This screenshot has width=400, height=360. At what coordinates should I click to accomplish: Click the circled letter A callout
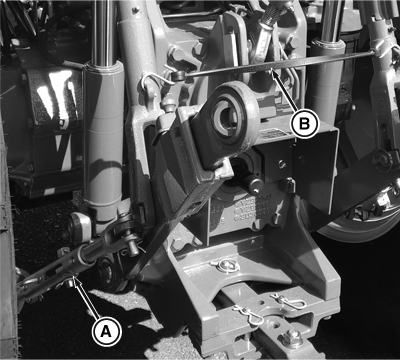106,331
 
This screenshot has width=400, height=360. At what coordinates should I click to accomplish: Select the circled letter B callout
304,124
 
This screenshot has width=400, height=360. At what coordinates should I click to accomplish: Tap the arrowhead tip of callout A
75,276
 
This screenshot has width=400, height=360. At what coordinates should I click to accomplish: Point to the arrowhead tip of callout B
272,69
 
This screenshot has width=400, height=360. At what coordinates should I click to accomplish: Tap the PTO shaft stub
249,182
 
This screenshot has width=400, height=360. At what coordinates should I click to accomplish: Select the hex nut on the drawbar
291,339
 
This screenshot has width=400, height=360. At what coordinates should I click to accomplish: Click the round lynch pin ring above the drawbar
227,266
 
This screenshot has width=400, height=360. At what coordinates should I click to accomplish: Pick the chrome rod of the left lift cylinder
103,32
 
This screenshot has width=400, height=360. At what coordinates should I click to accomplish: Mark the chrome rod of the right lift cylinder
331,21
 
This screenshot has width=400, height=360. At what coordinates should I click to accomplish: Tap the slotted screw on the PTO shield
282,164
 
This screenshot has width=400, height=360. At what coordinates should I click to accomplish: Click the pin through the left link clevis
132,247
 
